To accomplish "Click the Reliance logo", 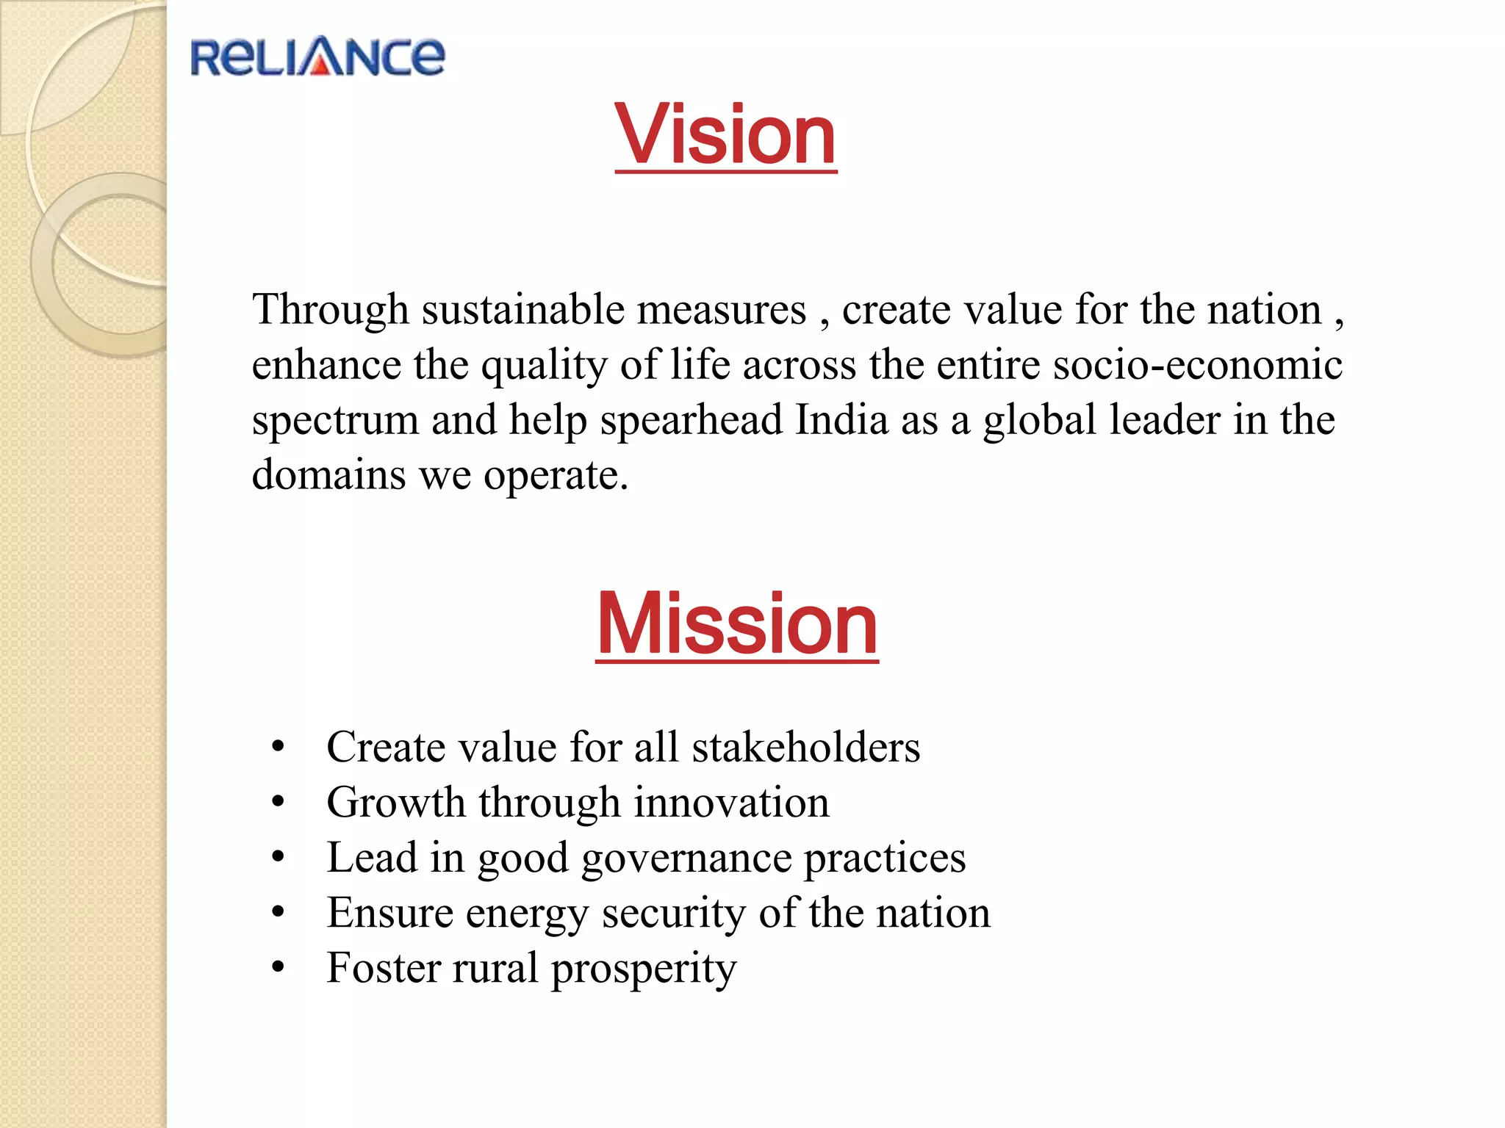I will coord(317,57).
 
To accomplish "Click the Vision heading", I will coord(726,135).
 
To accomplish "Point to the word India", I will coord(842,419).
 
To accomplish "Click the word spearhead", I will coord(691,421).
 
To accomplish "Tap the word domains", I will coord(328,474).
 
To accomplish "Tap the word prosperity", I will coord(644,969).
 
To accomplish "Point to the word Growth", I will coord(396,802).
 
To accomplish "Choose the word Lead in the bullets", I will coord(371,857).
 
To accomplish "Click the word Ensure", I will coord(389,913).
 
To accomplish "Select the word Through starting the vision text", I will coord(330,309).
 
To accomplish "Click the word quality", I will coord(544,365).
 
